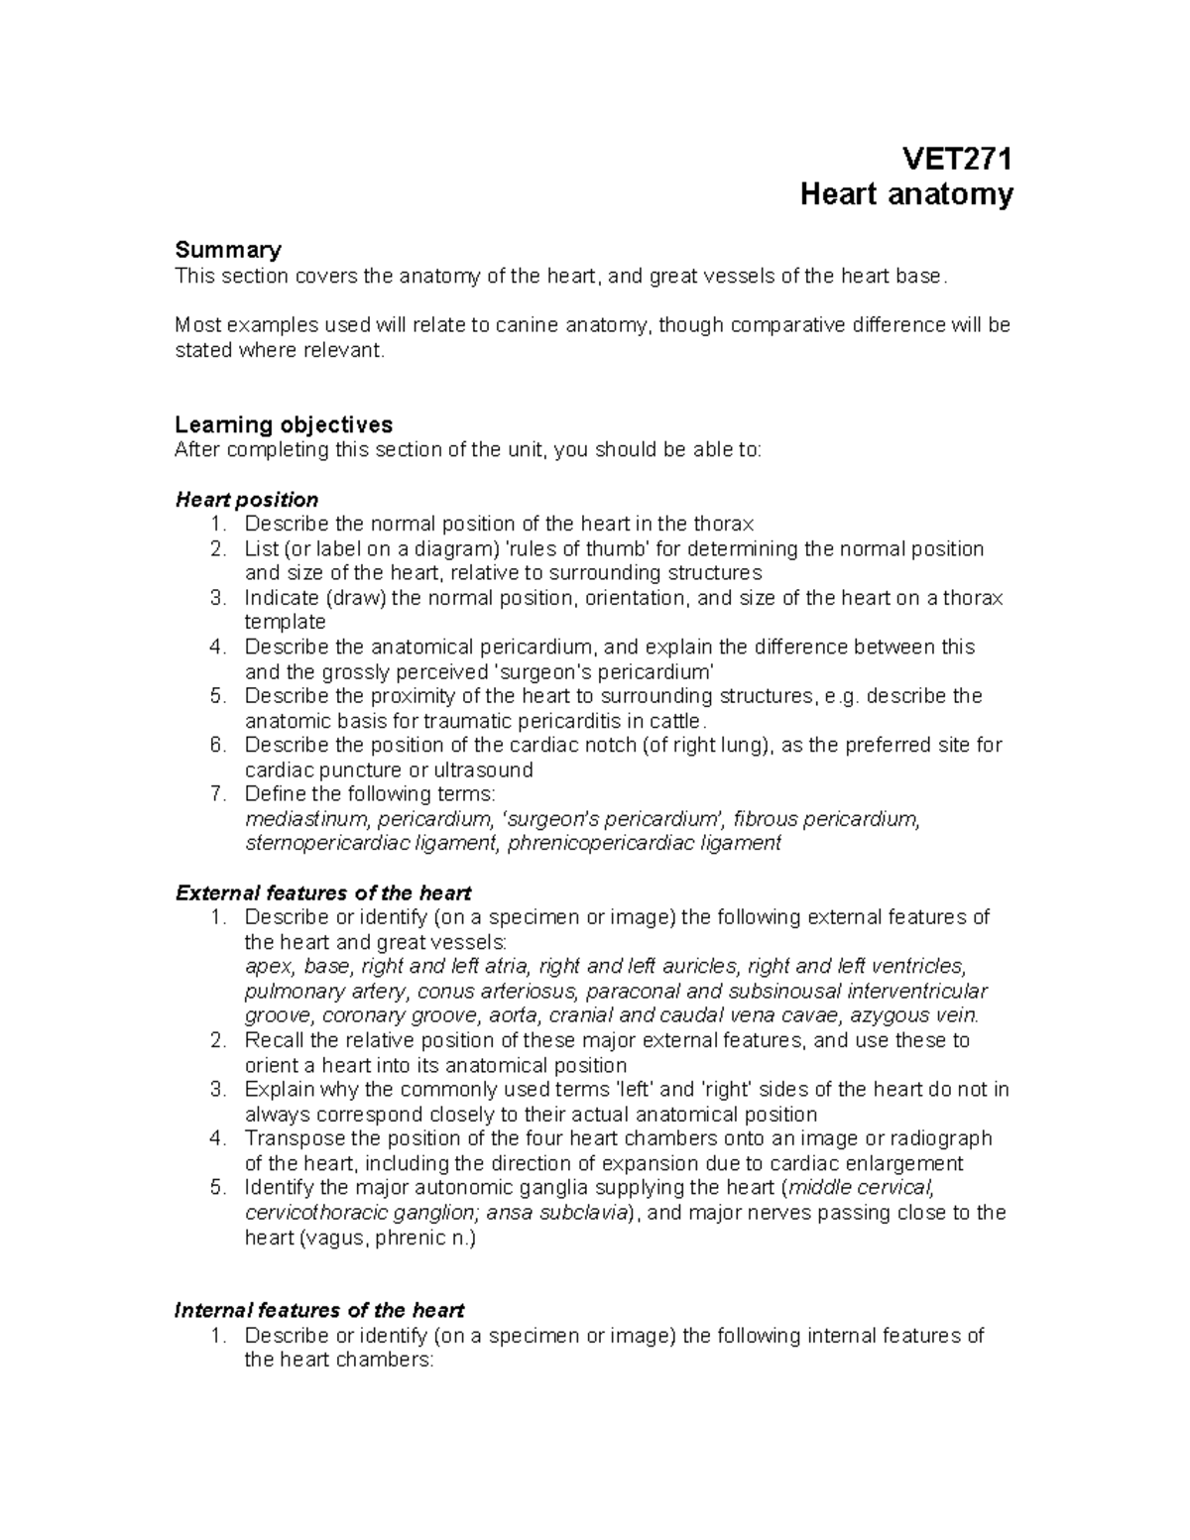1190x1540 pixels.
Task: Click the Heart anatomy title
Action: pyautogui.click(x=906, y=193)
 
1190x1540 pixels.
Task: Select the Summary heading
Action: pyautogui.click(x=227, y=250)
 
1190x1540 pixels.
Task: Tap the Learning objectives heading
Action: pyautogui.click(x=284, y=424)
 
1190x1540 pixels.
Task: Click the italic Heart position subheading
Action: pyautogui.click(x=246, y=499)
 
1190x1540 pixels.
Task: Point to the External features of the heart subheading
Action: pyautogui.click(x=322, y=892)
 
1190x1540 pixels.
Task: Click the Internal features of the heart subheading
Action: pyautogui.click(x=319, y=1310)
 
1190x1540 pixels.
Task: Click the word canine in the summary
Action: pyautogui.click(x=530, y=325)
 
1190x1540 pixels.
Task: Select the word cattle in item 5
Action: pyautogui.click(x=674, y=721)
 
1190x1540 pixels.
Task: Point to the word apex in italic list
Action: pyautogui.click(x=268, y=967)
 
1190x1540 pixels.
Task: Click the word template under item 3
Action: pyautogui.click(x=285, y=622)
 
